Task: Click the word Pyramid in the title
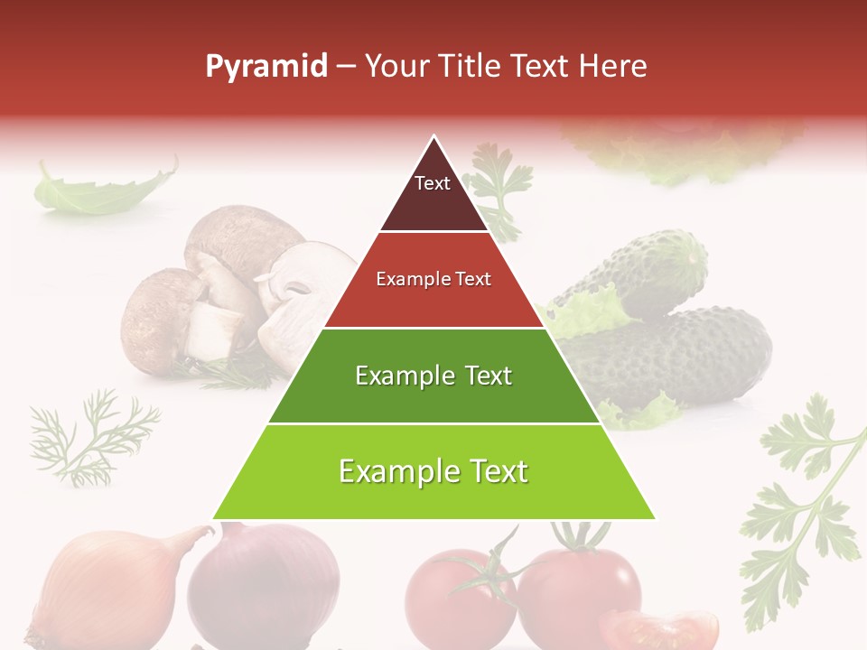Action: tap(266, 67)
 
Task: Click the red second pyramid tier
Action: tap(433, 302)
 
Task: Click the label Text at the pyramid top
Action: tap(433, 183)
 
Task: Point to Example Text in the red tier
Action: tap(433, 279)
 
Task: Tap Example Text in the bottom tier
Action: tap(433, 471)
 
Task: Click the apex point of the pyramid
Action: tap(434, 137)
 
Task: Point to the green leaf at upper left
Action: tap(99, 190)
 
